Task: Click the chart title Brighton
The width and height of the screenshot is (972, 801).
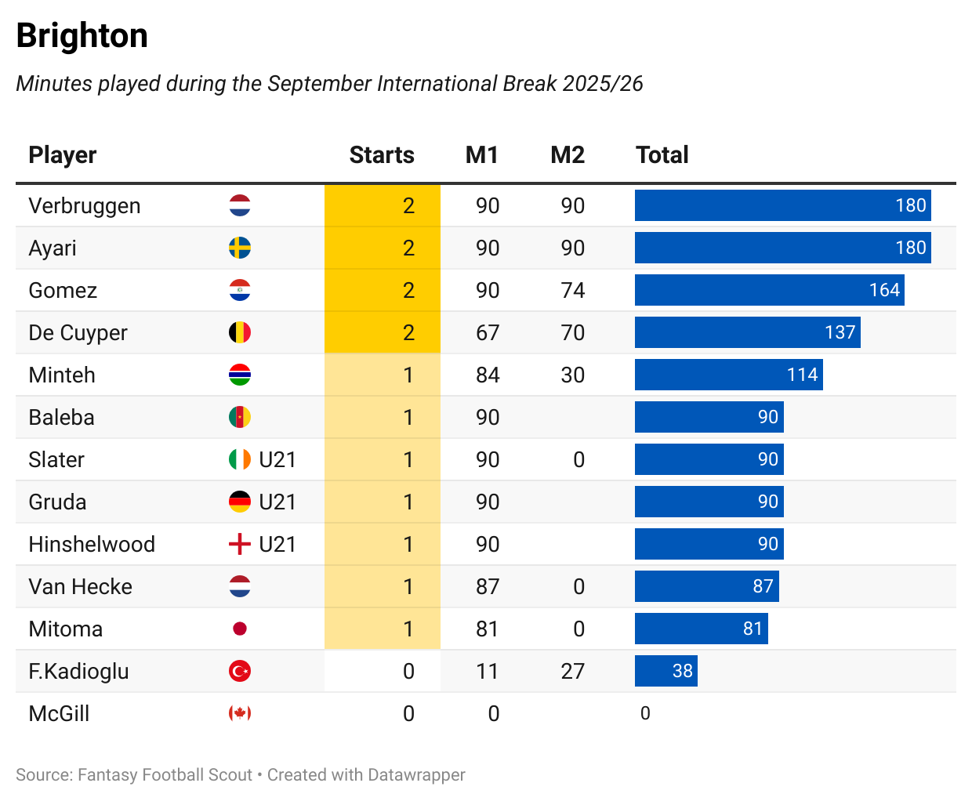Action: point(82,36)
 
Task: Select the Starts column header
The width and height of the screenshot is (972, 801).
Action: point(382,155)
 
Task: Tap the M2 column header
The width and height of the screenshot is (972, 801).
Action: point(568,155)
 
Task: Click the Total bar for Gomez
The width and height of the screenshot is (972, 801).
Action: point(769,290)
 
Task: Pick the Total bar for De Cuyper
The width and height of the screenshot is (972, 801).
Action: point(747,332)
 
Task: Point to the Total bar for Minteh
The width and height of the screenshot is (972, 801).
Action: point(728,375)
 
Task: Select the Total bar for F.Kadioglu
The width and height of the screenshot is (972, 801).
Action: point(666,671)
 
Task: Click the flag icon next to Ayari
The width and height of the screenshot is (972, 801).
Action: point(240,248)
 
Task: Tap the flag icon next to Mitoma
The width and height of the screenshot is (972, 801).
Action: point(240,629)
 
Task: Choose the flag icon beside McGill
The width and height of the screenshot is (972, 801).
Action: point(240,713)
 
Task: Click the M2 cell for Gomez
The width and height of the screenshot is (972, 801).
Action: point(573,291)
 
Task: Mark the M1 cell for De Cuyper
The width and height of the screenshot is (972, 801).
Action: point(488,333)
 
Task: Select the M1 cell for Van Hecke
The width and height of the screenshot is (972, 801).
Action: point(488,587)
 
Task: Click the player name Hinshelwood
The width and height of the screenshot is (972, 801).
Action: point(92,545)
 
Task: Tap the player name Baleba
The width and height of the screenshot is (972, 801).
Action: point(61,418)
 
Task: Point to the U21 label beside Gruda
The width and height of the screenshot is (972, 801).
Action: point(277,502)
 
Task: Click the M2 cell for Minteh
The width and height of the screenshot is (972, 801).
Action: point(573,375)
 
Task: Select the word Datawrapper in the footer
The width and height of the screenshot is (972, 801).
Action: point(416,775)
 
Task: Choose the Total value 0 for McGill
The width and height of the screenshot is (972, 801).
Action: point(645,713)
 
